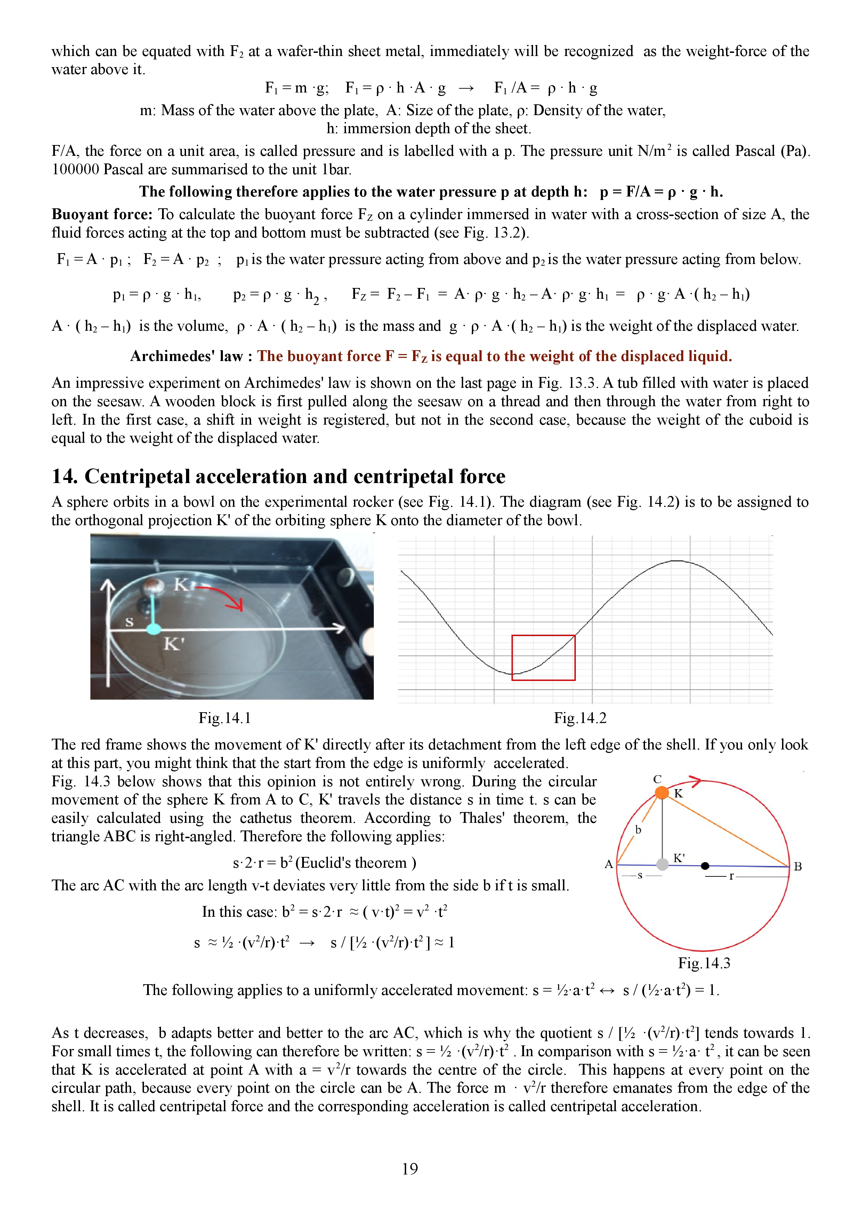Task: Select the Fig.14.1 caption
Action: (x=225, y=718)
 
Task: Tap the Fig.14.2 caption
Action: (x=580, y=718)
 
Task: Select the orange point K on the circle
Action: (x=662, y=792)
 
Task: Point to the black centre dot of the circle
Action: (x=705, y=866)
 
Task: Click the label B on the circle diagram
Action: (x=798, y=867)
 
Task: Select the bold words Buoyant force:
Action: (x=102, y=214)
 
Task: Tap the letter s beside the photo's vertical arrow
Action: (x=129, y=621)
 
